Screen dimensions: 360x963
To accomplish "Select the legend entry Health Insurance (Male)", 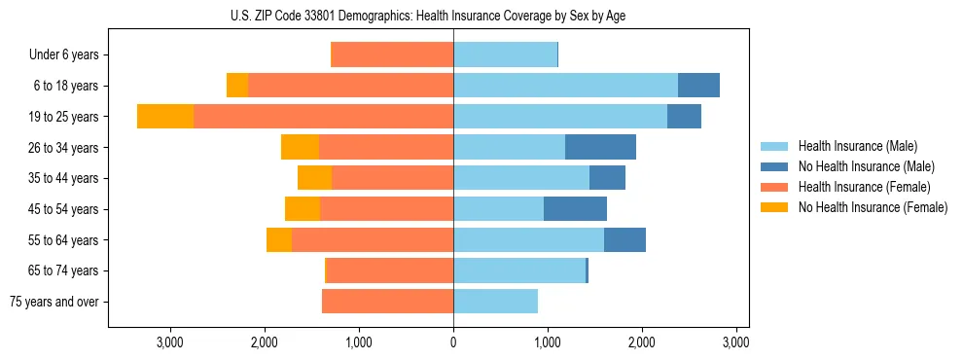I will coord(857,146).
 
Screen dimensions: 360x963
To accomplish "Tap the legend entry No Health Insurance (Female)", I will coord(873,207).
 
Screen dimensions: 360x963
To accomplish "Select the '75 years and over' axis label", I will coord(54,302).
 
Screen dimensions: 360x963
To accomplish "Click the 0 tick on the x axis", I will coord(453,342).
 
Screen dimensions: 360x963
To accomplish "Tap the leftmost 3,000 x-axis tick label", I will coord(170,342).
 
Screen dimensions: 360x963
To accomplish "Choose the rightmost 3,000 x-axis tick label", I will coord(736,342).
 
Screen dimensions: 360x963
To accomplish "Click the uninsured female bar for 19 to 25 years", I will coord(165,117).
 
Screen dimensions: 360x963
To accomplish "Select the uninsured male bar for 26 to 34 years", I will coord(600,148).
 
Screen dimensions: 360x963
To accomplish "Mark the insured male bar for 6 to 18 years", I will coord(565,86).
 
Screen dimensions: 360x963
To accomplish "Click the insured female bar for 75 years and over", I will coord(387,302).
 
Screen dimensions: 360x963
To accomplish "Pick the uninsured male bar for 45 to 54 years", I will coord(575,209).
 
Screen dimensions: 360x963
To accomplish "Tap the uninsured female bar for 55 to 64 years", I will coord(279,240).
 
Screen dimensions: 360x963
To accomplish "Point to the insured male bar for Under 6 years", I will coord(505,55).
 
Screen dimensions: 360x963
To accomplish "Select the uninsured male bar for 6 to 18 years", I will coord(698,86).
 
